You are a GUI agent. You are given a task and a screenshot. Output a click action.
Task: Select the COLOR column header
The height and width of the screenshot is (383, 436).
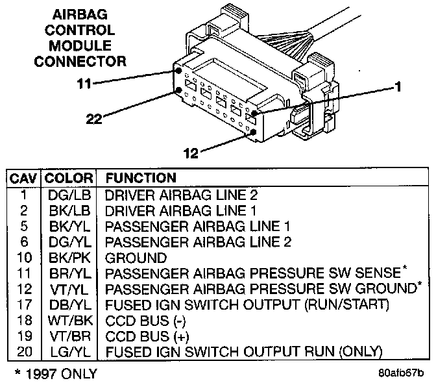point(68,177)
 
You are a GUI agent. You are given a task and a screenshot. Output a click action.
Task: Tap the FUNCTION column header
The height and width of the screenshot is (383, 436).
point(141,177)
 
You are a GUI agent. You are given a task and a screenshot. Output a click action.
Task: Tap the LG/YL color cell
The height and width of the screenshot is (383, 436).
point(68,351)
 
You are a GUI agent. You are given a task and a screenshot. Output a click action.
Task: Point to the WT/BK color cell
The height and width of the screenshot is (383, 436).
point(68,320)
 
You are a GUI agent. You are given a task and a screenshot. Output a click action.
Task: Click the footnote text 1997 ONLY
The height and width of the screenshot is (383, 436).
point(55,373)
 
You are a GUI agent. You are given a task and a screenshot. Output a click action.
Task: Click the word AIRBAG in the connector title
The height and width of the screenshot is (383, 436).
point(80,15)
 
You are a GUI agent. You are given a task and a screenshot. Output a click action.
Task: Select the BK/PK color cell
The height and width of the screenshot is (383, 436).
point(68,257)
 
